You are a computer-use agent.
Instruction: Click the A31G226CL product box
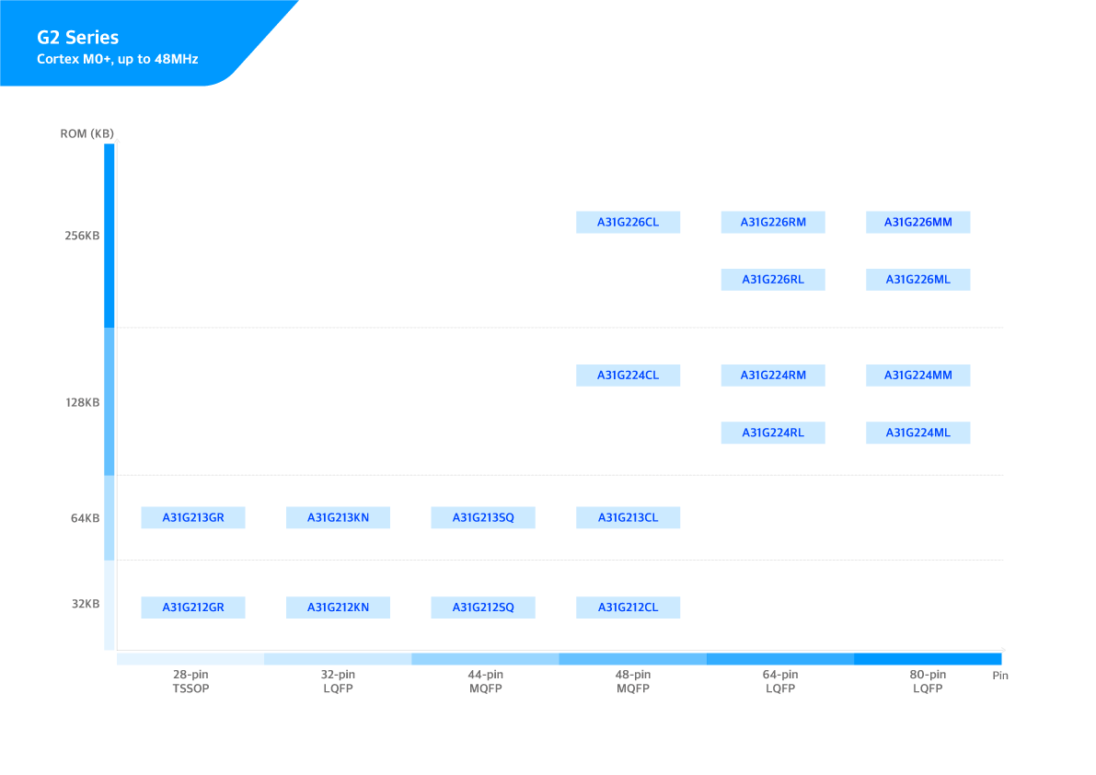pyautogui.click(x=629, y=222)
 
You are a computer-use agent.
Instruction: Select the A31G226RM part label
pyautogui.click(x=773, y=222)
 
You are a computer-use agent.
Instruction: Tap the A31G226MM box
pyautogui.click(x=918, y=222)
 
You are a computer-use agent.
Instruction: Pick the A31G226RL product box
pyautogui.click(x=773, y=279)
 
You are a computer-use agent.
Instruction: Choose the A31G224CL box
pyautogui.click(x=629, y=375)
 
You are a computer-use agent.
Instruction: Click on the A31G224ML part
pyautogui.click(x=918, y=433)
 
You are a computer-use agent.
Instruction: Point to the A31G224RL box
pyautogui.click(x=773, y=433)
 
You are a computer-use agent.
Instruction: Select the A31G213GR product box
pyautogui.click(x=193, y=517)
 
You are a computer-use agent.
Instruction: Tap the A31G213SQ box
pyautogui.click(x=483, y=517)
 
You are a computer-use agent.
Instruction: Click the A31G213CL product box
pyautogui.click(x=629, y=517)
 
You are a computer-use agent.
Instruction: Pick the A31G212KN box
pyautogui.click(x=338, y=607)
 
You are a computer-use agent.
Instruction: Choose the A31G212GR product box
pyautogui.click(x=193, y=607)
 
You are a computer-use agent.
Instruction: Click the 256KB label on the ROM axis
pyautogui.click(x=82, y=236)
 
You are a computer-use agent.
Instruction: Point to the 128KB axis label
pyautogui.click(x=82, y=402)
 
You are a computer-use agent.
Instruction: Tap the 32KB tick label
pyautogui.click(x=86, y=604)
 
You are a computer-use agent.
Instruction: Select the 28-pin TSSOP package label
pyautogui.click(x=190, y=681)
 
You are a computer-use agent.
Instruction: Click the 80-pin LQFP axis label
pyautogui.click(x=928, y=681)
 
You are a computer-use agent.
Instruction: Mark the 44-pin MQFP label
pyautogui.click(x=486, y=681)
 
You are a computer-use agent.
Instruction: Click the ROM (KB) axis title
pyautogui.click(x=87, y=133)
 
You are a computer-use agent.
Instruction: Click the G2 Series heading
pyautogui.click(x=77, y=38)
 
